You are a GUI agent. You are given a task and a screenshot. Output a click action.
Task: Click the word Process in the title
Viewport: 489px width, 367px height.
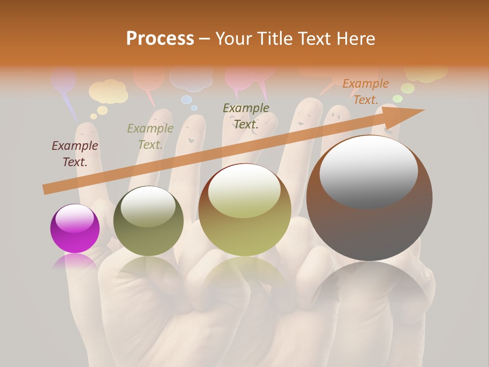pos(160,39)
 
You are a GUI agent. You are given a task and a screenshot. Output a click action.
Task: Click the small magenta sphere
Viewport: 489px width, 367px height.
pos(75,228)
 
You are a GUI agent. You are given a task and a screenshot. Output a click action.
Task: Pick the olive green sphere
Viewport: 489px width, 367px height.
pos(148,221)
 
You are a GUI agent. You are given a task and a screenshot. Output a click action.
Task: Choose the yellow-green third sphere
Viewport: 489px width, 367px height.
pos(244,209)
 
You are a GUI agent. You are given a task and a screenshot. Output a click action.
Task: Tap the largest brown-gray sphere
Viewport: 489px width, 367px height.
pos(369,198)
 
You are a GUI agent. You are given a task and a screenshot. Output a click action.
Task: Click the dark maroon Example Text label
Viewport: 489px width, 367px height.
pos(75,153)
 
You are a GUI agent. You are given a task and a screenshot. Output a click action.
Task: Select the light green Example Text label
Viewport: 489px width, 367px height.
pos(150,136)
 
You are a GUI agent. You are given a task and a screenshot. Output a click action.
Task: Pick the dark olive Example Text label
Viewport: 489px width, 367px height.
pos(246,116)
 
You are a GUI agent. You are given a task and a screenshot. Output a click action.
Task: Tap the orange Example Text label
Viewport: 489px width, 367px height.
pos(365,91)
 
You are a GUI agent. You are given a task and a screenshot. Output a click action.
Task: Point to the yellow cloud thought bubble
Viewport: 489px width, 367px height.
pos(108,91)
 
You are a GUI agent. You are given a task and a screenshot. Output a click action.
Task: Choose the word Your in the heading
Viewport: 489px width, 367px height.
pos(234,39)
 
